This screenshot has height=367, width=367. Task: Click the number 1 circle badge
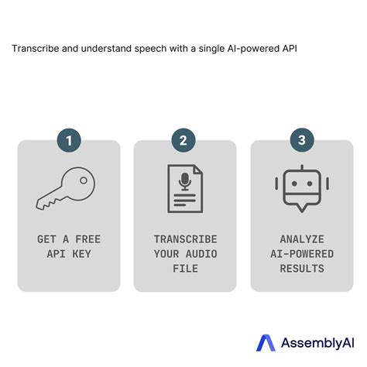pyautogui.click(x=69, y=141)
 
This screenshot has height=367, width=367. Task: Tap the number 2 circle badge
pyautogui.click(x=183, y=141)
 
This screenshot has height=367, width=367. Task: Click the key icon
pyautogui.click(x=68, y=188)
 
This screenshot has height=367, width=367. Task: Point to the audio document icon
pyautogui.click(x=184, y=188)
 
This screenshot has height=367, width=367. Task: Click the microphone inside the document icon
pyautogui.click(x=184, y=181)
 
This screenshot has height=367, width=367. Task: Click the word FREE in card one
pyautogui.click(x=87, y=239)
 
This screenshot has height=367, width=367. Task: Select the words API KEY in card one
pyautogui.click(x=69, y=254)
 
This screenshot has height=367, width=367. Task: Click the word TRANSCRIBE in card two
pyautogui.click(x=185, y=239)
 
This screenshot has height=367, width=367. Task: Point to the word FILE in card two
pyautogui.click(x=185, y=269)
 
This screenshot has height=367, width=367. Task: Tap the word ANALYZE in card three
pyautogui.click(x=301, y=239)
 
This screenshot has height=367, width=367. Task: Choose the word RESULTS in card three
pyautogui.click(x=301, y=269)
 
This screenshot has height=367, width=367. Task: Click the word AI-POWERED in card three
pyautogui.click(x=301, y=254)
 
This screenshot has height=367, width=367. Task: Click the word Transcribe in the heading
pyautogui.click(x=36, y=48)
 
